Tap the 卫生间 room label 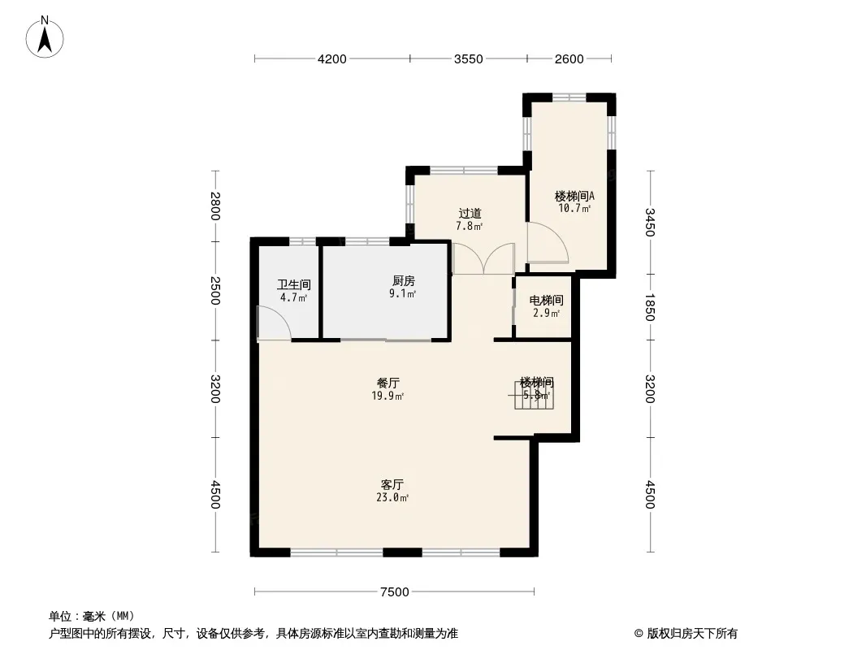coord(293,285)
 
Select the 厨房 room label coord(402,281)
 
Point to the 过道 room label coord(470,214)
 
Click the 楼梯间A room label coord(574,196)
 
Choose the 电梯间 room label coord(546,301)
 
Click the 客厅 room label coord(392,484)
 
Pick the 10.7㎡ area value coord(574,208)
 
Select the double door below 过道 coord(483,259)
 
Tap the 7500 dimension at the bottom coord(394,592)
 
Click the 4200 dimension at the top coord(332,58)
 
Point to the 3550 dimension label coord(469,58)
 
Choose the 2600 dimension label coord(569,58)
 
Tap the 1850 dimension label coord(649,307)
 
